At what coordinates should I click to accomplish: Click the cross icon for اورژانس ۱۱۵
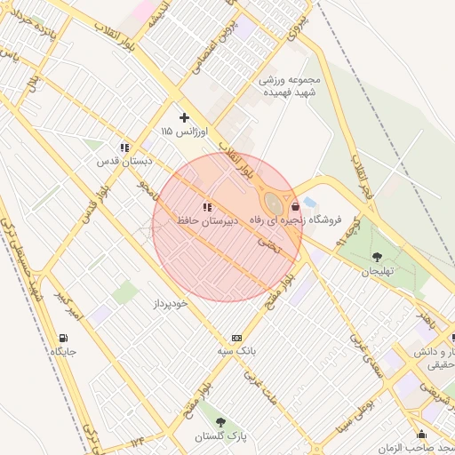pyautogui.click(x=185, y=117)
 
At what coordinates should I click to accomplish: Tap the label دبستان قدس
pyautogui.click(x=125, y=162)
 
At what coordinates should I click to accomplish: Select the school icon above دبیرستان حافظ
pyautogui.click(x=207, y=206)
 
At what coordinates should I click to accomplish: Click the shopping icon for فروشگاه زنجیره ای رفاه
pyautogui.click(x=295, y=206)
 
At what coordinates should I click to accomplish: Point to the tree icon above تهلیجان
pyautogui.click(x=377, y=257)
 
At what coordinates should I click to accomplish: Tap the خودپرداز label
pyautogui.click(x=169, y=303)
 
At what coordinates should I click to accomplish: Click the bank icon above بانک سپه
pyautogui.click(x=236, y=338)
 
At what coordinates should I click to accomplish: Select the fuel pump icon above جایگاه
pyautogui.click(x=63, y=338)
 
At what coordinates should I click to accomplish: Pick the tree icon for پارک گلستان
pyautogui.click(x=220, y=422)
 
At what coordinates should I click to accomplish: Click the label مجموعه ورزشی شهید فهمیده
pyautogui.click(x=289, y=85)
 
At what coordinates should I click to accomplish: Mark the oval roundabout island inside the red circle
pyautogui.click(x=275, y=205)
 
